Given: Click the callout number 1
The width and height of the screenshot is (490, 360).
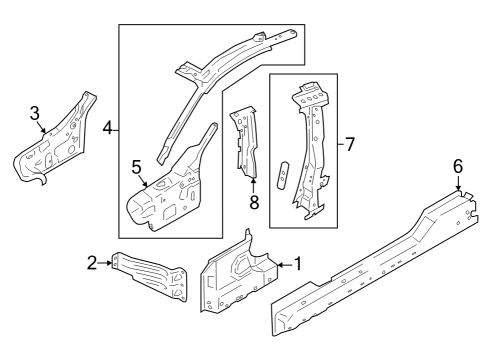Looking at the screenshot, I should pos(296,264).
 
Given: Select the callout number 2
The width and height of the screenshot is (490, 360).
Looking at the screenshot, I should pos(92,263).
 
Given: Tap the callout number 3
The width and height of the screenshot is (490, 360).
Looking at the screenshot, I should pos(35,114).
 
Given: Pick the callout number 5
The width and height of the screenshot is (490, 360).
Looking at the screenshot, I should pos(136,166).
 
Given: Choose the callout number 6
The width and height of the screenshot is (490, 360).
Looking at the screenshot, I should pos(458,167).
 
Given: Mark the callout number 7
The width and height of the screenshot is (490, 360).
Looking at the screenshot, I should pos(349,144).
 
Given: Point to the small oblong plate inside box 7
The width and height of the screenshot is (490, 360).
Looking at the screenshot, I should pos(282,172).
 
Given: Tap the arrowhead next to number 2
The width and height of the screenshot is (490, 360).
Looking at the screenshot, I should pos(109,263).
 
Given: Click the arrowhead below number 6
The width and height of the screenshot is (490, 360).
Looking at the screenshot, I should pos(459,187).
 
